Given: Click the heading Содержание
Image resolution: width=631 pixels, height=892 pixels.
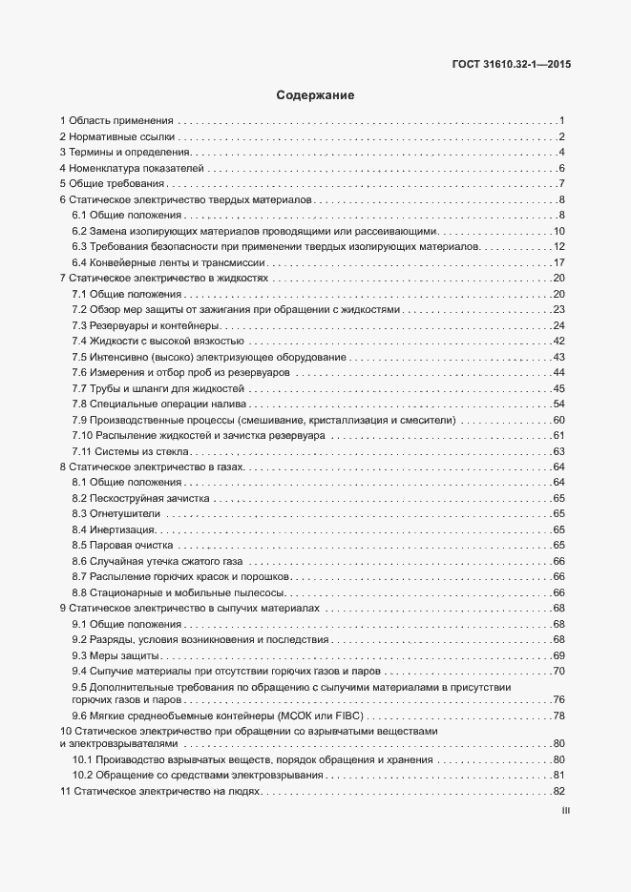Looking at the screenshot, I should (315, 95).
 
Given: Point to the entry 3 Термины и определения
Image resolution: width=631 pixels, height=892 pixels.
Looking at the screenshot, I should (125, 153).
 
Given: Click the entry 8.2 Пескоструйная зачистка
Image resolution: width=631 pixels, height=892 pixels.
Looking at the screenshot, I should (141, 498).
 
